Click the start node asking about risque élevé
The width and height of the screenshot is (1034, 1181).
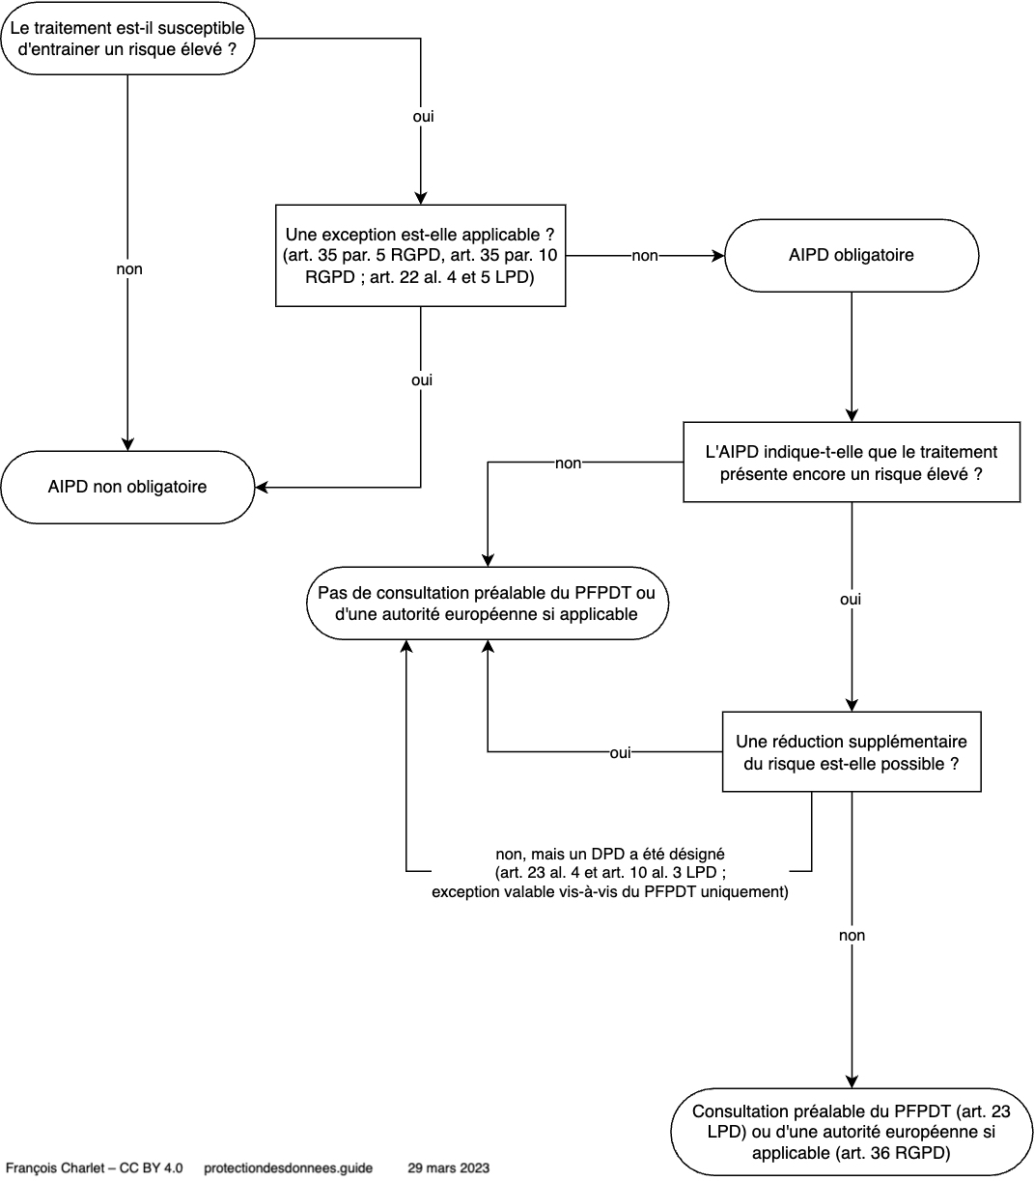(127, 38)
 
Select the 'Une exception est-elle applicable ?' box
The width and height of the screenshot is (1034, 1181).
(420, 255)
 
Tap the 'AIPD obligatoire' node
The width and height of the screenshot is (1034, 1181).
(852, 255)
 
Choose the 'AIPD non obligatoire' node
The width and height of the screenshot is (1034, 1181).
(127, 488)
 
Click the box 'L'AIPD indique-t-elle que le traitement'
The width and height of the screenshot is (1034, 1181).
(852, 463)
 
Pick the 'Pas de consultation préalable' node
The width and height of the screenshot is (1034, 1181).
(487, 604)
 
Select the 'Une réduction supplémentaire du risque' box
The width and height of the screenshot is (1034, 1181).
(852, 751)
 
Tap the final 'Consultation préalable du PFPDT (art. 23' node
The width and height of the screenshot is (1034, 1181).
(852, 1132)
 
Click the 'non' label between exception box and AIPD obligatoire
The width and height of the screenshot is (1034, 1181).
(645, 256)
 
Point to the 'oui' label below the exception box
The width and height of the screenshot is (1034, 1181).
(422, 380)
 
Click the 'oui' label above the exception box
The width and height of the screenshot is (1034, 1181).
(423, 117)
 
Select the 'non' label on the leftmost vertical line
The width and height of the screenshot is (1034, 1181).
(129, 269)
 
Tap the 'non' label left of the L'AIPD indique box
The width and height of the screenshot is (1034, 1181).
(568, 464)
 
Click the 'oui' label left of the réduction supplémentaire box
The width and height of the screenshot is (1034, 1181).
(620, 752)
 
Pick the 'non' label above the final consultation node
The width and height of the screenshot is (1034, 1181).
(852, 936)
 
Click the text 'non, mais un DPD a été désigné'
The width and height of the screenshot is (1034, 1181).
(610, 854)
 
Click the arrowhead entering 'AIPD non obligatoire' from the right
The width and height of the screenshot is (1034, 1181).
(261, 488)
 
